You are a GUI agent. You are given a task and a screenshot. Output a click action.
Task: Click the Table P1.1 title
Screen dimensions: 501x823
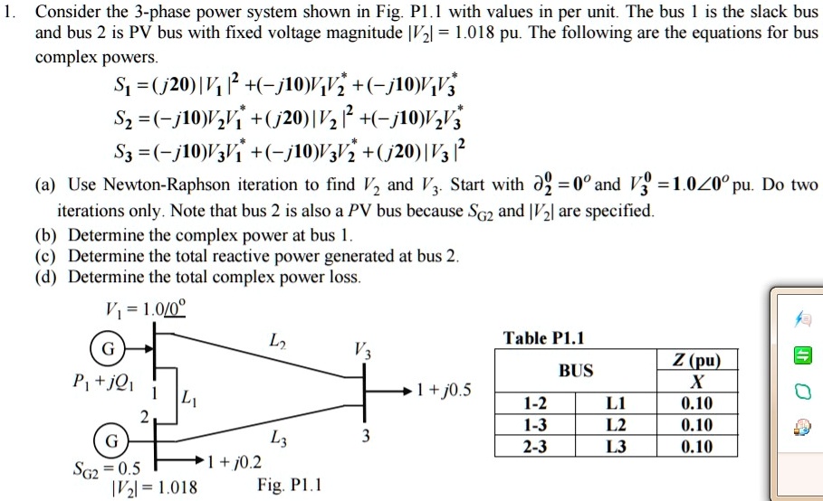[x=543, y=338]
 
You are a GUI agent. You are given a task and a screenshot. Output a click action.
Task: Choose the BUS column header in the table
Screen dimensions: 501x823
[x=577, y=371]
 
